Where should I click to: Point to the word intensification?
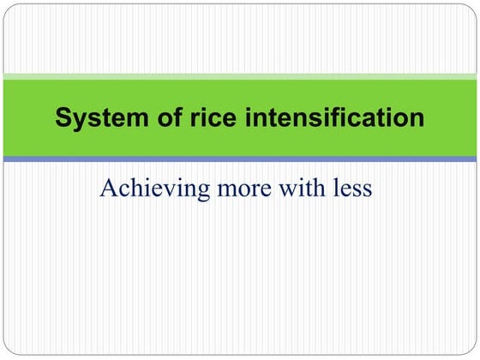click(x=326, y=118)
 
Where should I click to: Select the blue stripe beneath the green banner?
click(x=240, y=159)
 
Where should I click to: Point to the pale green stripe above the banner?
click(x=240, y=77)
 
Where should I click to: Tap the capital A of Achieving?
click(x=109, y=187)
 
